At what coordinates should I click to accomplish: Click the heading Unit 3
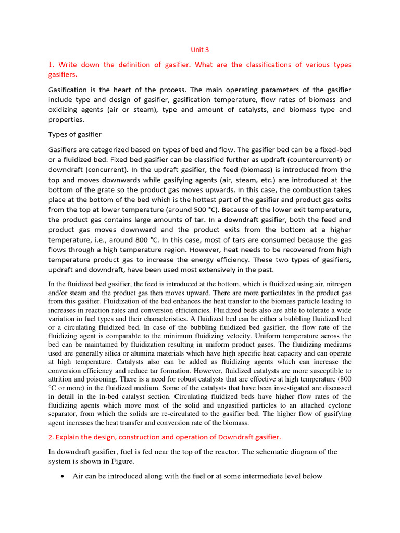[199, 50]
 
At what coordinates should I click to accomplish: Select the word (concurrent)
[109, 170]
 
